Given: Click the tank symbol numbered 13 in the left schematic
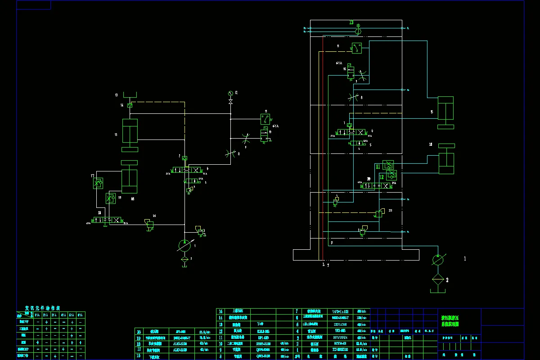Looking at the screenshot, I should (x=130, y=96).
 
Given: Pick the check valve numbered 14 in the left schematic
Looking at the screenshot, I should (x=130, y=105).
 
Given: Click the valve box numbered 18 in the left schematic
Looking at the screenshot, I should (x=110, y=198).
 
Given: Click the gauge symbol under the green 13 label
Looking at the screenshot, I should (x=358, y=28).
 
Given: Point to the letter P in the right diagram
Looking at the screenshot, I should (x=332, y=243).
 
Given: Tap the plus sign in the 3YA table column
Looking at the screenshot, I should (x=55, y=355).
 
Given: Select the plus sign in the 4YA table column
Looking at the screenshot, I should (x=63, y=349).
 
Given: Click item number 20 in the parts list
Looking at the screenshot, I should (x=139, y=331).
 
